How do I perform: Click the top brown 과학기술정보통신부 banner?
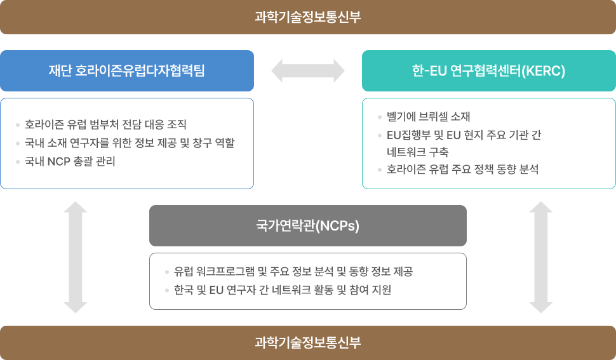(308, 17)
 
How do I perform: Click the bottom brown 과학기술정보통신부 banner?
(308, 343)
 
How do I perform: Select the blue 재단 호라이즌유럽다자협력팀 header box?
(127, 70)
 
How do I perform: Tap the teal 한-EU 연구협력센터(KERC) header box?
(489, 70)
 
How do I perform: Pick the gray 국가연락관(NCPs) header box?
(308, 226)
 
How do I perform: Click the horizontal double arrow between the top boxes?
(308, 70)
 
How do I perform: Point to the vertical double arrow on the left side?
(76, 257)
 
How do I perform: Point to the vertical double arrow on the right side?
(541, 257)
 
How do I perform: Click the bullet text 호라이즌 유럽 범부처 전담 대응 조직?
(105, 124)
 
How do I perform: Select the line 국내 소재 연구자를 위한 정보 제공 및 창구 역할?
(130, 143)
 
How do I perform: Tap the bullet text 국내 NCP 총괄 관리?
(70, 161)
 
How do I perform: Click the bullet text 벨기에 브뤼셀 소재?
(428, 117)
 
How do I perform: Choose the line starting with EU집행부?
(464, 135)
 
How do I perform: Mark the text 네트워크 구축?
(418, 152)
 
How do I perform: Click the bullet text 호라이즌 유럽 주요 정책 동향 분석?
(462, 169)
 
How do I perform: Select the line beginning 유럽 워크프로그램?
(293, 271)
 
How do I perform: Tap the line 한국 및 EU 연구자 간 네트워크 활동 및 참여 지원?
(283, 290)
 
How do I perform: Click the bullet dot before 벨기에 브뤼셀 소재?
(380, 117)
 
